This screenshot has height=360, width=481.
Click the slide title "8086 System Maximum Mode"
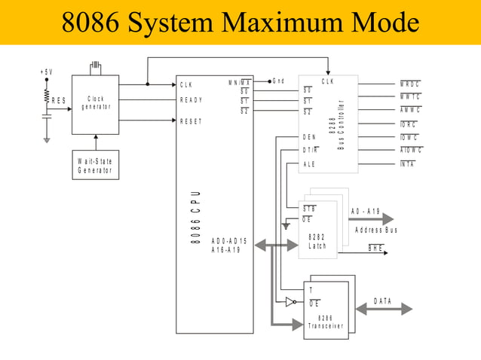(240, 23)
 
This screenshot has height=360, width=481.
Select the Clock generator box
(95, 104)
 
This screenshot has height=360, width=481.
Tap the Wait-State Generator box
(95, 166)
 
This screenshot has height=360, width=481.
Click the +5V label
(47, 72)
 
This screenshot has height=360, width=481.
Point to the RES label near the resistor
(58, 100)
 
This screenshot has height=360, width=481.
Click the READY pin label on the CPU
(191, 99)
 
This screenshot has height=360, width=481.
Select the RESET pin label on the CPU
(191, 121)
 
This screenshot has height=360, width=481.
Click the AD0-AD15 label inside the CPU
(228, 241)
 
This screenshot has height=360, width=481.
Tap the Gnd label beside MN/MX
(278, 81)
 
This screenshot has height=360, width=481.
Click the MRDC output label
(410, 84)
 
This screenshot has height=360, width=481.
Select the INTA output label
(408, 163)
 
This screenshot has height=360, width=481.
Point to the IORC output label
(409, 124)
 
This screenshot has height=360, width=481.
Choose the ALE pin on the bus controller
(309, 163)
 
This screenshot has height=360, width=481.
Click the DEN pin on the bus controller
(309, 137)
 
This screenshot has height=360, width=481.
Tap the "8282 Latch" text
(317, 242)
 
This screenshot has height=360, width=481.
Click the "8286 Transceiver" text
(326, 322)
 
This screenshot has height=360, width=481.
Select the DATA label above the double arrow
(383, 301)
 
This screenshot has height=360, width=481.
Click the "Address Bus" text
(375, 230)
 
